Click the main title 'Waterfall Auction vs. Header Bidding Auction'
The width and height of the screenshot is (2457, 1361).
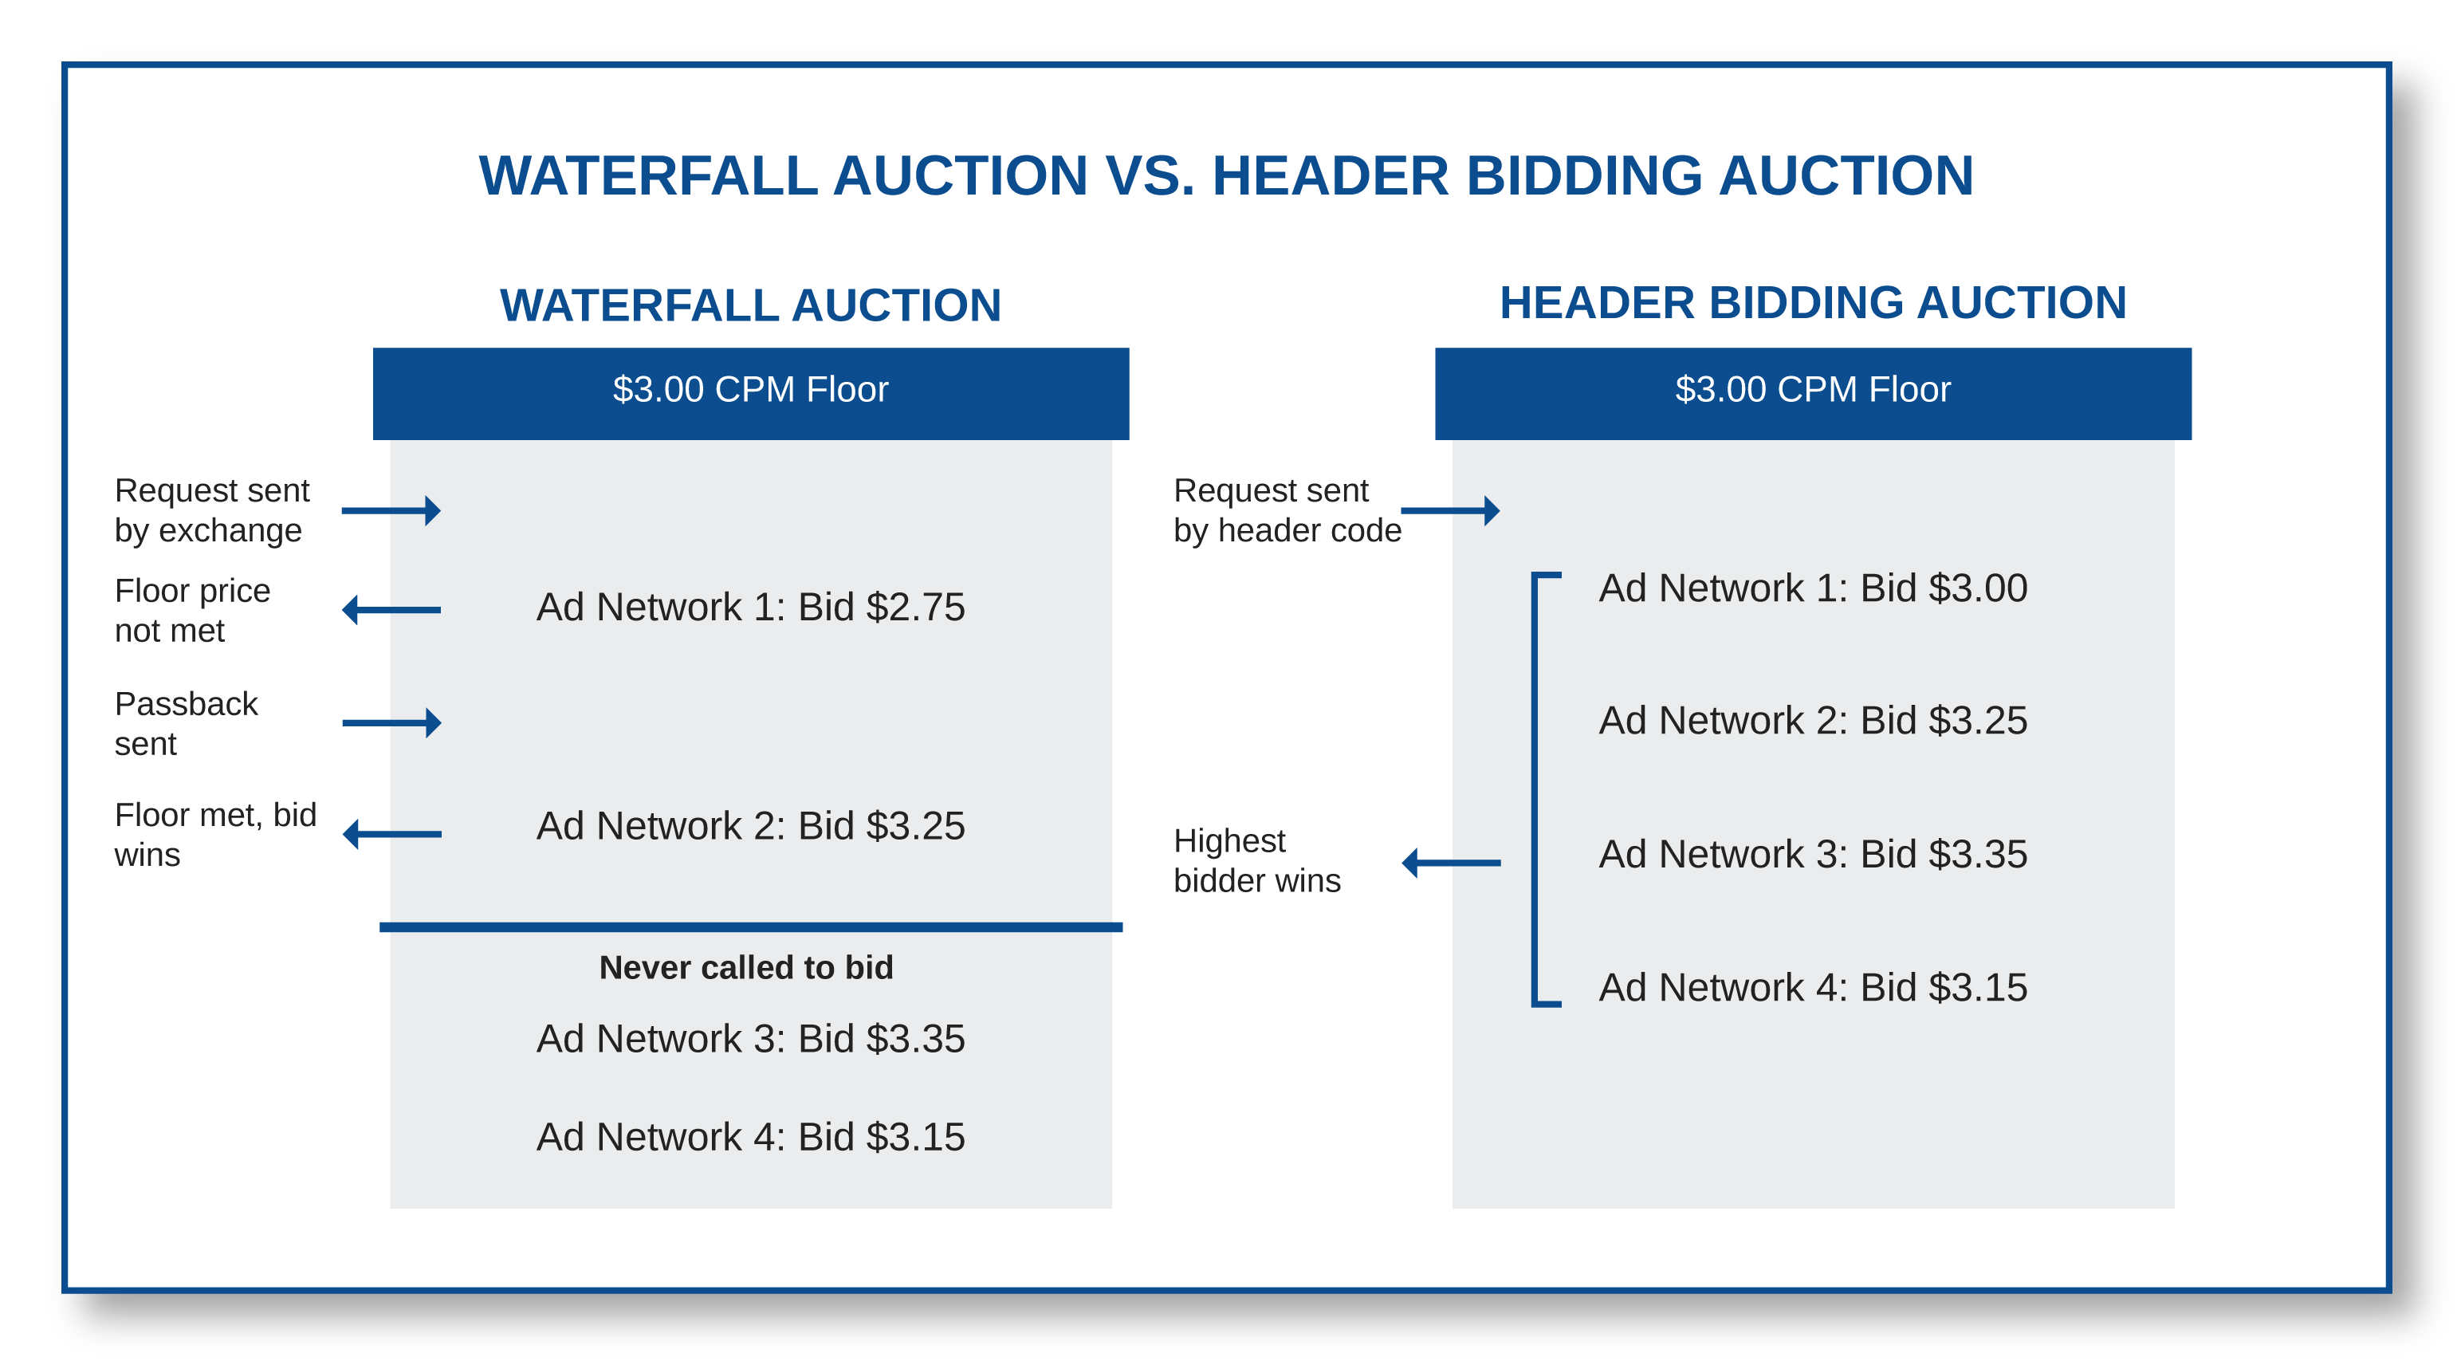pyautogui.click(x=1227, y=176)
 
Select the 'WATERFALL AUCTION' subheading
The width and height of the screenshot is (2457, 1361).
pyautogui.click(x=751, y=306)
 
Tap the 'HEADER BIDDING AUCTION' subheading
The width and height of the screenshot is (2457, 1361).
pyautogui.click(x=1812, y=303)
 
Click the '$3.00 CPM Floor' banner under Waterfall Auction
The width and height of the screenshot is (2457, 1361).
pyautogui.click(x=751, y=391)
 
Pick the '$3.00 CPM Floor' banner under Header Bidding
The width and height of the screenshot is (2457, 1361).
pyautogui.click(x=1812, y=391)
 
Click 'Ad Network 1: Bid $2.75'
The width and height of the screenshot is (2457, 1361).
pyautogui.click(x=751, y=608)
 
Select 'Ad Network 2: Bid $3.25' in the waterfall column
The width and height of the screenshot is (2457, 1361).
pyautogui.click(x=751, y=826)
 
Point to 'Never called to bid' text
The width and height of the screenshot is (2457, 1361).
pyautogui.click(x=746, y=967)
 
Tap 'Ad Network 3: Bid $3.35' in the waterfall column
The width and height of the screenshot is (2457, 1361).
pyautogui.click(x=751, y=1039)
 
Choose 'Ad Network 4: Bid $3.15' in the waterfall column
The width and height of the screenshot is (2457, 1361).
pyautogui.click(x=751, y=1137)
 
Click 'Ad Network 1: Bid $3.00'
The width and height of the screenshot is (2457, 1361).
pyautogui.click(x=1812, y=588)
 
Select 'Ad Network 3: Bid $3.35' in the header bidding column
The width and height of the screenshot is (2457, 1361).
pyautogui.click(x=1812, y=855)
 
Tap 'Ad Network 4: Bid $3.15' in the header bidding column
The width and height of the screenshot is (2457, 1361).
pyautogui.click(x=1812, y=988)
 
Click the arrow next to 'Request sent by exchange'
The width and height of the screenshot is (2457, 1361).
pyautogui.click(x=391, y=511)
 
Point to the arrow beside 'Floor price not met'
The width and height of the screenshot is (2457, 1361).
pyautogui.click(x=391, y=609)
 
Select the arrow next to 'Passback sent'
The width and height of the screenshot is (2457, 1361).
pyautogui.click(x=391, y=723)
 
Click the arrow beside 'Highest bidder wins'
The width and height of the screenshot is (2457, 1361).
pyautogui.click(x=1451, y=863)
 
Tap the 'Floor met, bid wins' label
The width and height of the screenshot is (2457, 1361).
pyautogui.click(x=214, y=835)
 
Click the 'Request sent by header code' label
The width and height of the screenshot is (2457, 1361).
pyautogui.click(x=1287, y=510)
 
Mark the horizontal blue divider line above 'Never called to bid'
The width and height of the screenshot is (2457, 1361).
pyautogui.click(x=751, y=927)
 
